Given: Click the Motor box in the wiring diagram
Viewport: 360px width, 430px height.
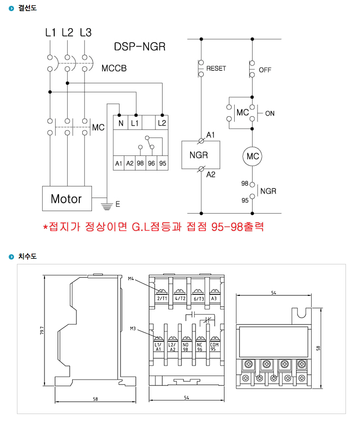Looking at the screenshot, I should click(x=66, y=198).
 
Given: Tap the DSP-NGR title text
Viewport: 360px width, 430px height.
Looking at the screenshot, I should click(x=140, y=46).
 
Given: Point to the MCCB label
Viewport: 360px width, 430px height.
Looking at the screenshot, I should click(x=114, y=68).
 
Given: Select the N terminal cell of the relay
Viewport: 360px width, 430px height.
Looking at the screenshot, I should click(x=120, y=123).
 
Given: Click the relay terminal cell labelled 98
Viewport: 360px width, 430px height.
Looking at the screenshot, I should click(x=140, y=163).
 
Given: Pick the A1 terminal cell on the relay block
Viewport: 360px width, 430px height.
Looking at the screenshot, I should click(x=119, y=163).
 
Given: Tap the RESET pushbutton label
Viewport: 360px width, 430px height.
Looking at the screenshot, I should click(x=216, y=68).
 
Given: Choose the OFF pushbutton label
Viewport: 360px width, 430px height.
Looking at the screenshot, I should click(x=265, y=70).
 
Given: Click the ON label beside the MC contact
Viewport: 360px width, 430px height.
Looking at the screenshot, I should click(x=270, y=113).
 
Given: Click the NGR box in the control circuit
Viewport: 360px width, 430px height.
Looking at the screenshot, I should click(x=200, y=155).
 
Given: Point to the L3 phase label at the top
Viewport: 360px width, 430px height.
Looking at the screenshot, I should click(x=86, y=33).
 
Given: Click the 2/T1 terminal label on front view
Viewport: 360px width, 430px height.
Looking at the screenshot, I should click(x=162, y=298).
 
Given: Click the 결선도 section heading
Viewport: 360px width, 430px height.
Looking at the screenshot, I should click(x=27, y=8).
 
